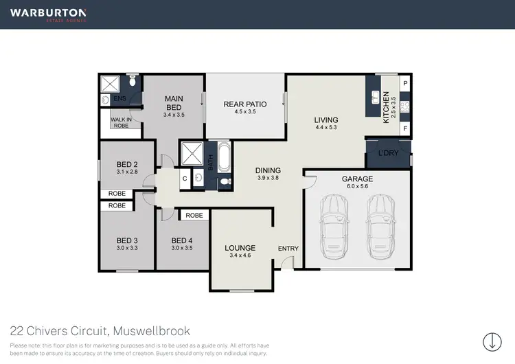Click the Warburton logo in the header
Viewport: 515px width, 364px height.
pyautogui.click(x=47, y=14)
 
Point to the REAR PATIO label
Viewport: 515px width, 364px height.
pyautogui.click(x=245, y=104)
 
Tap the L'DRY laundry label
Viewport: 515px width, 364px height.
pyautogui.click(x=388, y=154)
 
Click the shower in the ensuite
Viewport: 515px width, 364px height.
pyautogui.click(x=110, y=84)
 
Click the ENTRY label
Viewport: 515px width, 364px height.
pyautogui.click(x=287, y=248)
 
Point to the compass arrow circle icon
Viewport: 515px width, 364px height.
pyautogui.click(x=492, y=341)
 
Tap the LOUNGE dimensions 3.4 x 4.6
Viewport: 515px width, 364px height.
pyautogui.click(x=240, y=256)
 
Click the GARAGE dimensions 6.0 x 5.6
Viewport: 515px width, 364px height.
pyautogui.click(x=357, y=186)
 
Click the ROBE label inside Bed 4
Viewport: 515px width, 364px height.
pyautogui.click(x=194, y=215)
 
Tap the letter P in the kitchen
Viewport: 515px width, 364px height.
pyautogui.click(x=405, y=83)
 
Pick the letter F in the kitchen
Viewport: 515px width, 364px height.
pyautogui.click(x=405, y=128)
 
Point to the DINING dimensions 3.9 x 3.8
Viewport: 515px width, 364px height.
pyautogui.click(x=268, y=178)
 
